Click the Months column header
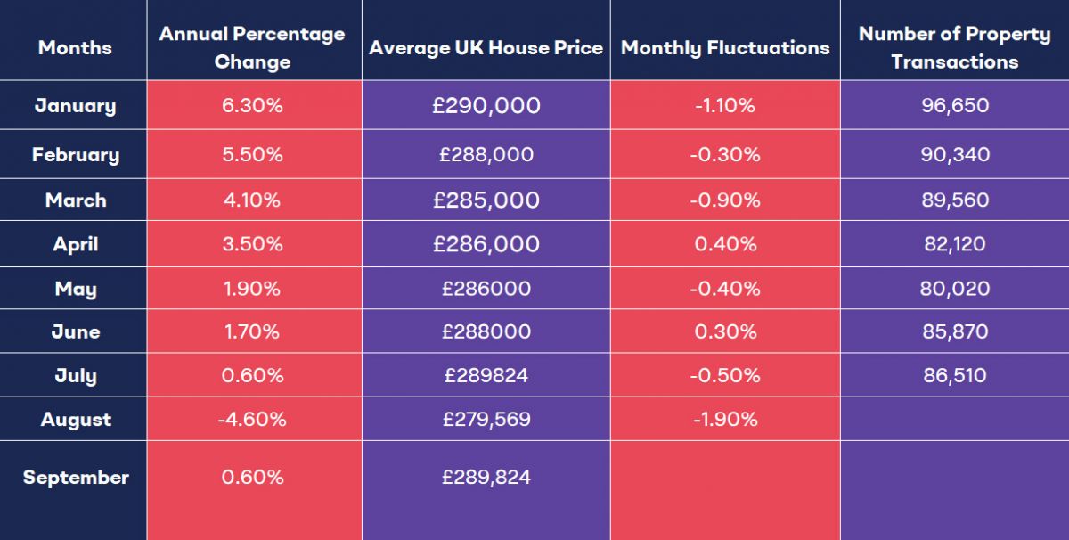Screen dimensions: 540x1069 [x=75, y=48]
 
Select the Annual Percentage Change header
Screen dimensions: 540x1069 [x=252, y=48]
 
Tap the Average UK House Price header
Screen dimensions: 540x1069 [x=486, y=48]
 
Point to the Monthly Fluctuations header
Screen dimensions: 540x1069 [x=725, y=48]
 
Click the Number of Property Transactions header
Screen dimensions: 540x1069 [x=954, y=48]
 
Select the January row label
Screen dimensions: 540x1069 [x=75, y=106]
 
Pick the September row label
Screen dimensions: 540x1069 [x=76, y=478]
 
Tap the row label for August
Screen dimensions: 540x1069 [x=76, y=420]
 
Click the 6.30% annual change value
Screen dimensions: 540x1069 [x=252, y=106]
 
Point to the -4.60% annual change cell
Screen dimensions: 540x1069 [x=252, y=420]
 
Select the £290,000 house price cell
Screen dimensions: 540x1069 [x=486, y=106]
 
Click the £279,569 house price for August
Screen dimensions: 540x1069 [x=486, y=420]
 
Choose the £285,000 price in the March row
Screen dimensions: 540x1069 [x=486, y=200]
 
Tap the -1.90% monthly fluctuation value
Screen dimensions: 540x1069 [x=724, y=420]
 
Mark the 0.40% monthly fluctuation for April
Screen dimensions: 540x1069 [x=724, y=244]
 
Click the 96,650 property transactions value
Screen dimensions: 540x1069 [x=955, y=106]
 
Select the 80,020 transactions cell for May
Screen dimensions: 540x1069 [x=955, y=289]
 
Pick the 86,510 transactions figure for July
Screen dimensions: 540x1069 [x=955, y=375]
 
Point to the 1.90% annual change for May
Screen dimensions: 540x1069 [x=252, y=289]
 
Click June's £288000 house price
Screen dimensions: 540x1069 [x=486, y=331]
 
